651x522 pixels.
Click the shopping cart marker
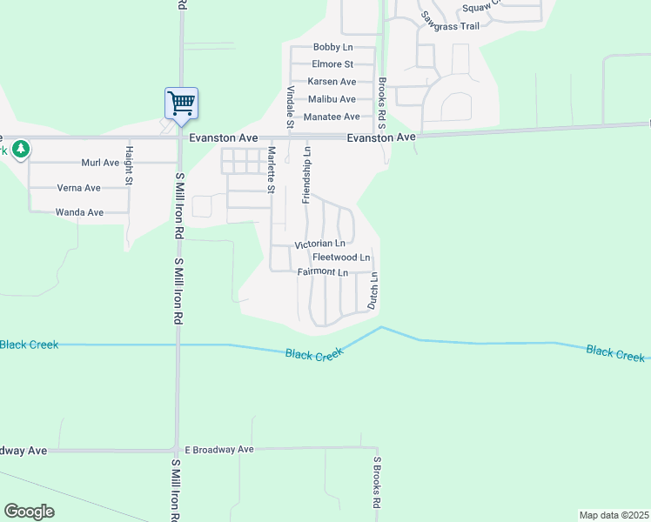click(x=181, y=104)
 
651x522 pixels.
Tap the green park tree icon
click(x=20, y=149)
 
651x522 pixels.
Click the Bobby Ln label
click(x=332, y=47)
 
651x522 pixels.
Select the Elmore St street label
click(x=332, y=64)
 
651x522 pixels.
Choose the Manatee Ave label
click(x=332, y=117)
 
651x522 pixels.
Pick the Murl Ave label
click(x=100, y=163)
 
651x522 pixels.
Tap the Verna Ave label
click(x=78, y=188)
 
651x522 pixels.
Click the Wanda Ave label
click(x=79, y=212)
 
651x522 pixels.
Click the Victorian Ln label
click(x=319, y=244)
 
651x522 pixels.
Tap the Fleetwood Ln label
click(x=341, y=258)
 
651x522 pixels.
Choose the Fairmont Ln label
click(x=322, y=272)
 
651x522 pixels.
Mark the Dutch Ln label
click(x=372, y=291)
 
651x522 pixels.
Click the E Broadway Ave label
click(x=213, y=450)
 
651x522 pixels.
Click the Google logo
click(x=30, y=512)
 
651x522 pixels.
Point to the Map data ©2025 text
click(x=614, y=515)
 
